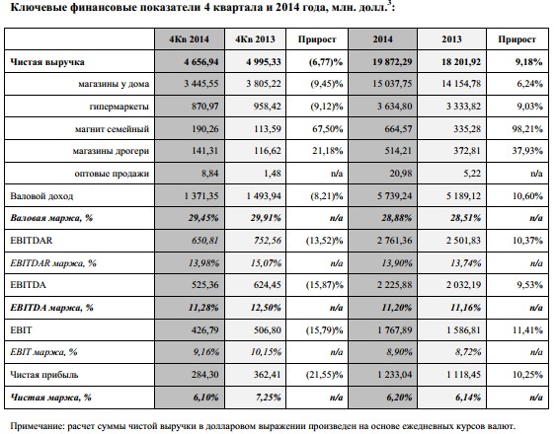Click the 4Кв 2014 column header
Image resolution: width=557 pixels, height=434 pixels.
[x=189, y=39]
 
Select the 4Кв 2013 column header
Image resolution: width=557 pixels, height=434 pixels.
[x=255, y=39]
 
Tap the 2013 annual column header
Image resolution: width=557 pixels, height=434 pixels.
[x=451, y=39]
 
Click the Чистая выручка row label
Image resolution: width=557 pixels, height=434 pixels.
[x=47, y=62]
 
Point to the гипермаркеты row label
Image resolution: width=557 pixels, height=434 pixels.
[x=119, y=107]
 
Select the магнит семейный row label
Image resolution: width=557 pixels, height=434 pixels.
[x=112, y=129]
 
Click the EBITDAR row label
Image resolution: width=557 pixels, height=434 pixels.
[x=32, y=241]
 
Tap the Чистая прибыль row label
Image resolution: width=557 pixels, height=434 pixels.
[x=44, y=375]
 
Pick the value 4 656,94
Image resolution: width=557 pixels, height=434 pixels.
[x=201, y=62]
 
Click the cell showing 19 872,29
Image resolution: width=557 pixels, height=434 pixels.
[x=392, y=62]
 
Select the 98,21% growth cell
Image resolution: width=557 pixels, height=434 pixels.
[x=527, y=129]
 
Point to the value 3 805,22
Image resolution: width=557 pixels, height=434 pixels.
[x=264, y=84]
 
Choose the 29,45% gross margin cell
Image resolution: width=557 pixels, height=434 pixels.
[x=203, y=218]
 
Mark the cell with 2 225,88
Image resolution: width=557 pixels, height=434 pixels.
[x=395, y=285]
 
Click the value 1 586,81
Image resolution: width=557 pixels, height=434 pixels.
[x=463, y=330]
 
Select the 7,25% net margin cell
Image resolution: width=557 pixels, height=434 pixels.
[x=269, y=398]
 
